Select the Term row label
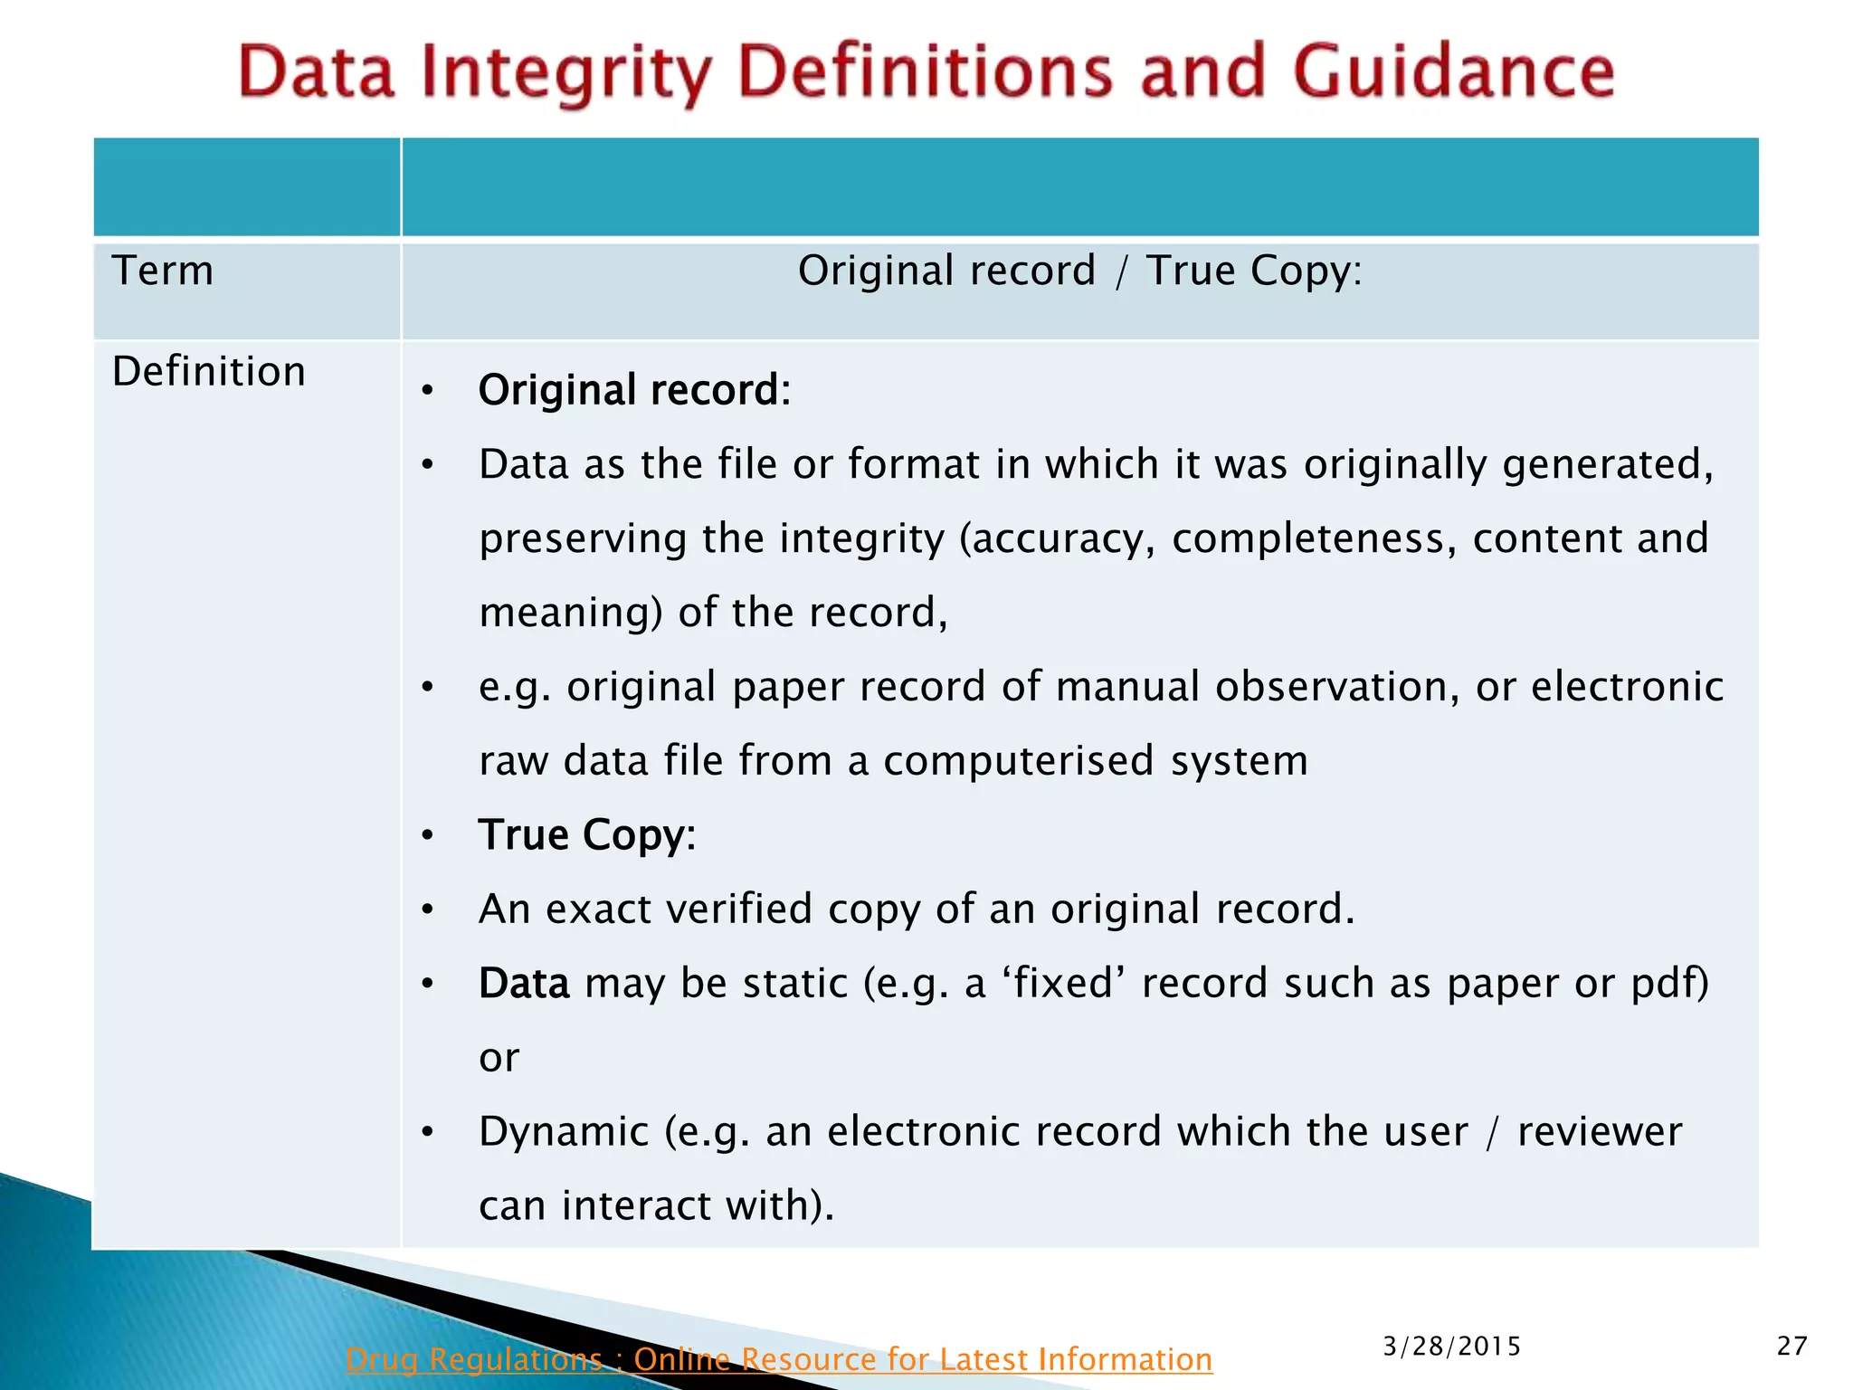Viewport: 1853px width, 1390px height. (x=163, y=271)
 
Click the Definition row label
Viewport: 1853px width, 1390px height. (x=209, y=371)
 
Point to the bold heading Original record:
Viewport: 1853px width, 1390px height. (x=634, y=390)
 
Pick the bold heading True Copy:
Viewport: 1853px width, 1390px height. (x=587, y=834)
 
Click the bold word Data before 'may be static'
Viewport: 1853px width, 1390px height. (x=524, y=983)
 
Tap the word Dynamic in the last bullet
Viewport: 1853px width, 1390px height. (x=564, y=1131)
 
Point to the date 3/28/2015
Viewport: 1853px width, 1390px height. (x=1452, y=1347)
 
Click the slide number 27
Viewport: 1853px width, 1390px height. (x=1791, y=1346)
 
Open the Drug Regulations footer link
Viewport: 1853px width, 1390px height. (x=778, y=1359)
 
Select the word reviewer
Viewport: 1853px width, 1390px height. (x=1600, y=1131)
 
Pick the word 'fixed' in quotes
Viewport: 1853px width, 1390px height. (x=1064, y=983)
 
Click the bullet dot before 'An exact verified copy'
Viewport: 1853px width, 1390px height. (x=428, y=909)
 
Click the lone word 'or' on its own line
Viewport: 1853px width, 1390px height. (x=499, y=1057)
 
